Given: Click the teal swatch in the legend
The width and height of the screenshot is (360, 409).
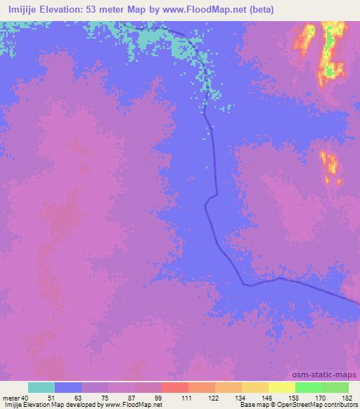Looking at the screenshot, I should point(41,387).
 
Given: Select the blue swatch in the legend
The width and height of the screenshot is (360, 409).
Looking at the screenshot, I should point(68,387).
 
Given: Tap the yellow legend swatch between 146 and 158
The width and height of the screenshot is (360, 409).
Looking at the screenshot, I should point(255,387).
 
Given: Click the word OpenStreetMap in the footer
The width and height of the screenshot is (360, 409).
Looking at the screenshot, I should point(295,405).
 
